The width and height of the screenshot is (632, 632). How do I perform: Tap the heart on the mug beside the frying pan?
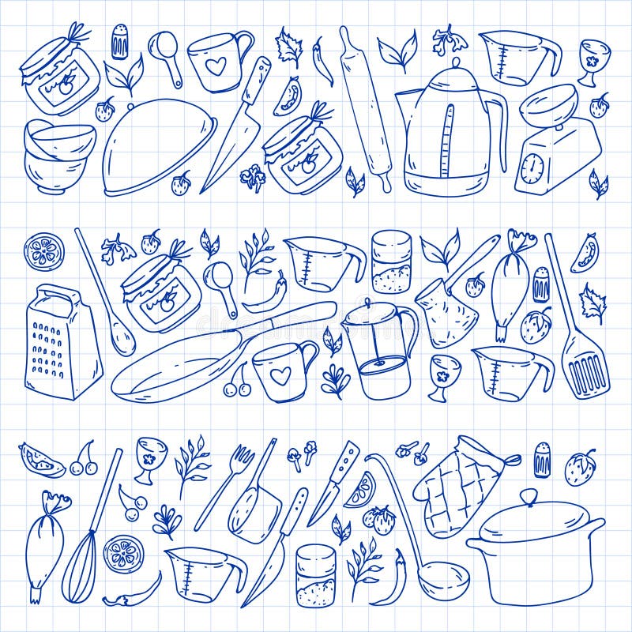pyautogui.click(x=280, y=375)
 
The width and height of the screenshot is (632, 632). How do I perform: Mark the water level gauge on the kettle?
pyautogui.click(x=448, y=142)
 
